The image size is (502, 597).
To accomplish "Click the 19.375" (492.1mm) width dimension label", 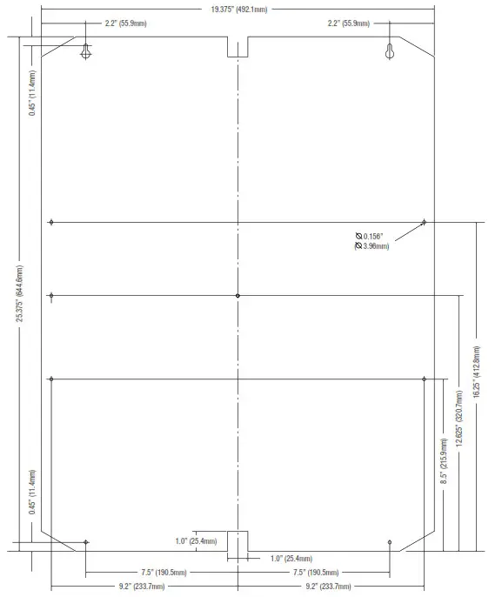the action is pos(239,9).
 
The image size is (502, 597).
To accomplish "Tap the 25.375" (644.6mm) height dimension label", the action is pos(19,293).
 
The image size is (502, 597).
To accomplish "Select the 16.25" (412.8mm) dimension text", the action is pos(477,372).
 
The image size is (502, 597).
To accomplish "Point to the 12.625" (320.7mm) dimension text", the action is pos(459,418).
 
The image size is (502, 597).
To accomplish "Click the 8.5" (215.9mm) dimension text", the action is pos(444,461).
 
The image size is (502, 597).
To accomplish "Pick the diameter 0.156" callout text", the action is pos(369,237).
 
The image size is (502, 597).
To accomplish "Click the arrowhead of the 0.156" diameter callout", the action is pos(423,223).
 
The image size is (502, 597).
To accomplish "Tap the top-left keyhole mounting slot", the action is pos(85,51).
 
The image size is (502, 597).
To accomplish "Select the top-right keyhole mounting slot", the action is pos(390,51).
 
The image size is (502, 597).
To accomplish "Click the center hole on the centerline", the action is pos(238,296).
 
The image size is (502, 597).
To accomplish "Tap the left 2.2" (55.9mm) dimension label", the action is pos(125,23).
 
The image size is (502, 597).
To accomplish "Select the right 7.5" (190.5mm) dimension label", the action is pos(316,573).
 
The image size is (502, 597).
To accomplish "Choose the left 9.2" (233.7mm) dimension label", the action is pos(142,587).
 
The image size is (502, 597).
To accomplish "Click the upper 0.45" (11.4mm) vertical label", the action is pos(32,93).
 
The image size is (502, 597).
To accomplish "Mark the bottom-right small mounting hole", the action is pos(390,542).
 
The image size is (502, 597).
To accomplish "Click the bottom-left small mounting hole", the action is pos(85,542).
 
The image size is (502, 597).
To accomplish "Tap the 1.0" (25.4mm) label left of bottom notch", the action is pos(196,541).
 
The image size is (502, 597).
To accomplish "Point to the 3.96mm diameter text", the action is pos(371,246).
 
